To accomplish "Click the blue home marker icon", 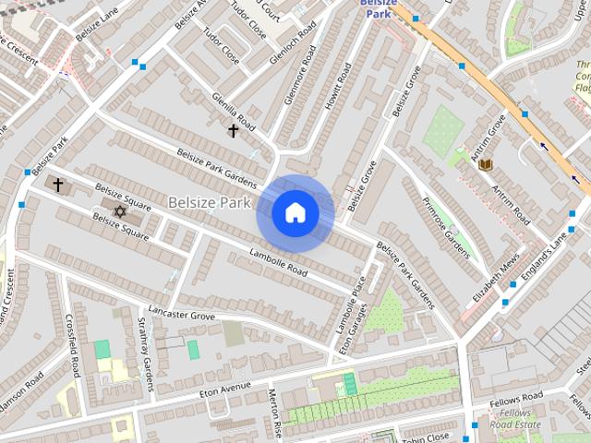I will pyautogui.click(x=295, y=213).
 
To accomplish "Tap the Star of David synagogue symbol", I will pyautogui.click(x=118, y=212).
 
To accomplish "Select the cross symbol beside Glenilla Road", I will pyautogui.click(x=233, y=131).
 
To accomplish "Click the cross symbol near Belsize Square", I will pyautogui.click(x=58, y=186).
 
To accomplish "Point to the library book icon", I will pyautogui.click(x=485, y=164).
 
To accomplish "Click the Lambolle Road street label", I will pyautogui.click(x=278, y=262).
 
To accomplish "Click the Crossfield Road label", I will pyautogui.click(x=72, y=347).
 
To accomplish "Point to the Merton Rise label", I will pyautogui.click(x=274, y=411).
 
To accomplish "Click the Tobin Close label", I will pyautogui.click(x=426, y=435).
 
